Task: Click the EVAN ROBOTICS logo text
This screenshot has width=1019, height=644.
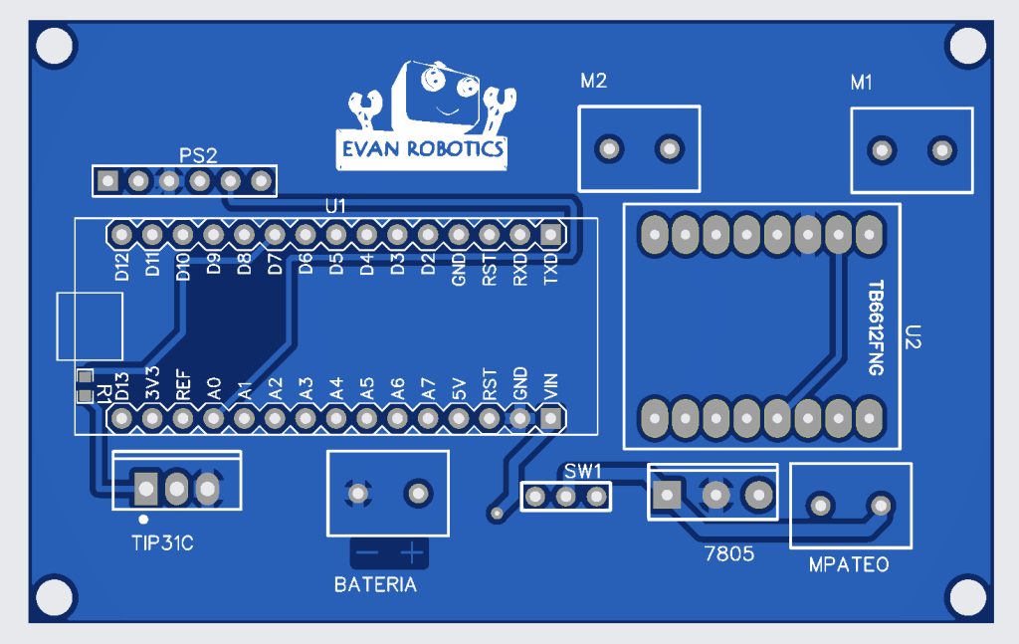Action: (422, 149)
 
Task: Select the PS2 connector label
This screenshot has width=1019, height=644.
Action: (198, 155)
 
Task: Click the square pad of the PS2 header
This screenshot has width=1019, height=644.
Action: (107, 181)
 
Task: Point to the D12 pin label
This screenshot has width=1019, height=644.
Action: (122, 268)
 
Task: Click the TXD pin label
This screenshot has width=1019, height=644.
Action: (550, 270)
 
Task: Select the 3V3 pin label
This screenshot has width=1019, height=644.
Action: (152, 386)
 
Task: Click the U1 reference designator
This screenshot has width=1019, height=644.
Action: (335, 206)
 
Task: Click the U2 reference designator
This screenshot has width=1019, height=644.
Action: (916, 337)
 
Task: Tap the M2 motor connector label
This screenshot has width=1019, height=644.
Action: (593, 82)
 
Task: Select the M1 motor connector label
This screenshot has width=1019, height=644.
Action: (862, 84)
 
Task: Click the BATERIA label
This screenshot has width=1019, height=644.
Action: (375, 585)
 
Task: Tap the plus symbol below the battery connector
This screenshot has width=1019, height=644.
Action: (411, 552)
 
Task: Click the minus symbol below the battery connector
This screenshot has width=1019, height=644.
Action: (368, 552)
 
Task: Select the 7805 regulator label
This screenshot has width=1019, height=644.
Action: (728, 552)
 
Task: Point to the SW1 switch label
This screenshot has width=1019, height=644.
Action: (582, 470)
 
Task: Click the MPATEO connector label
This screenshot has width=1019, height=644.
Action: (848, 565)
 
